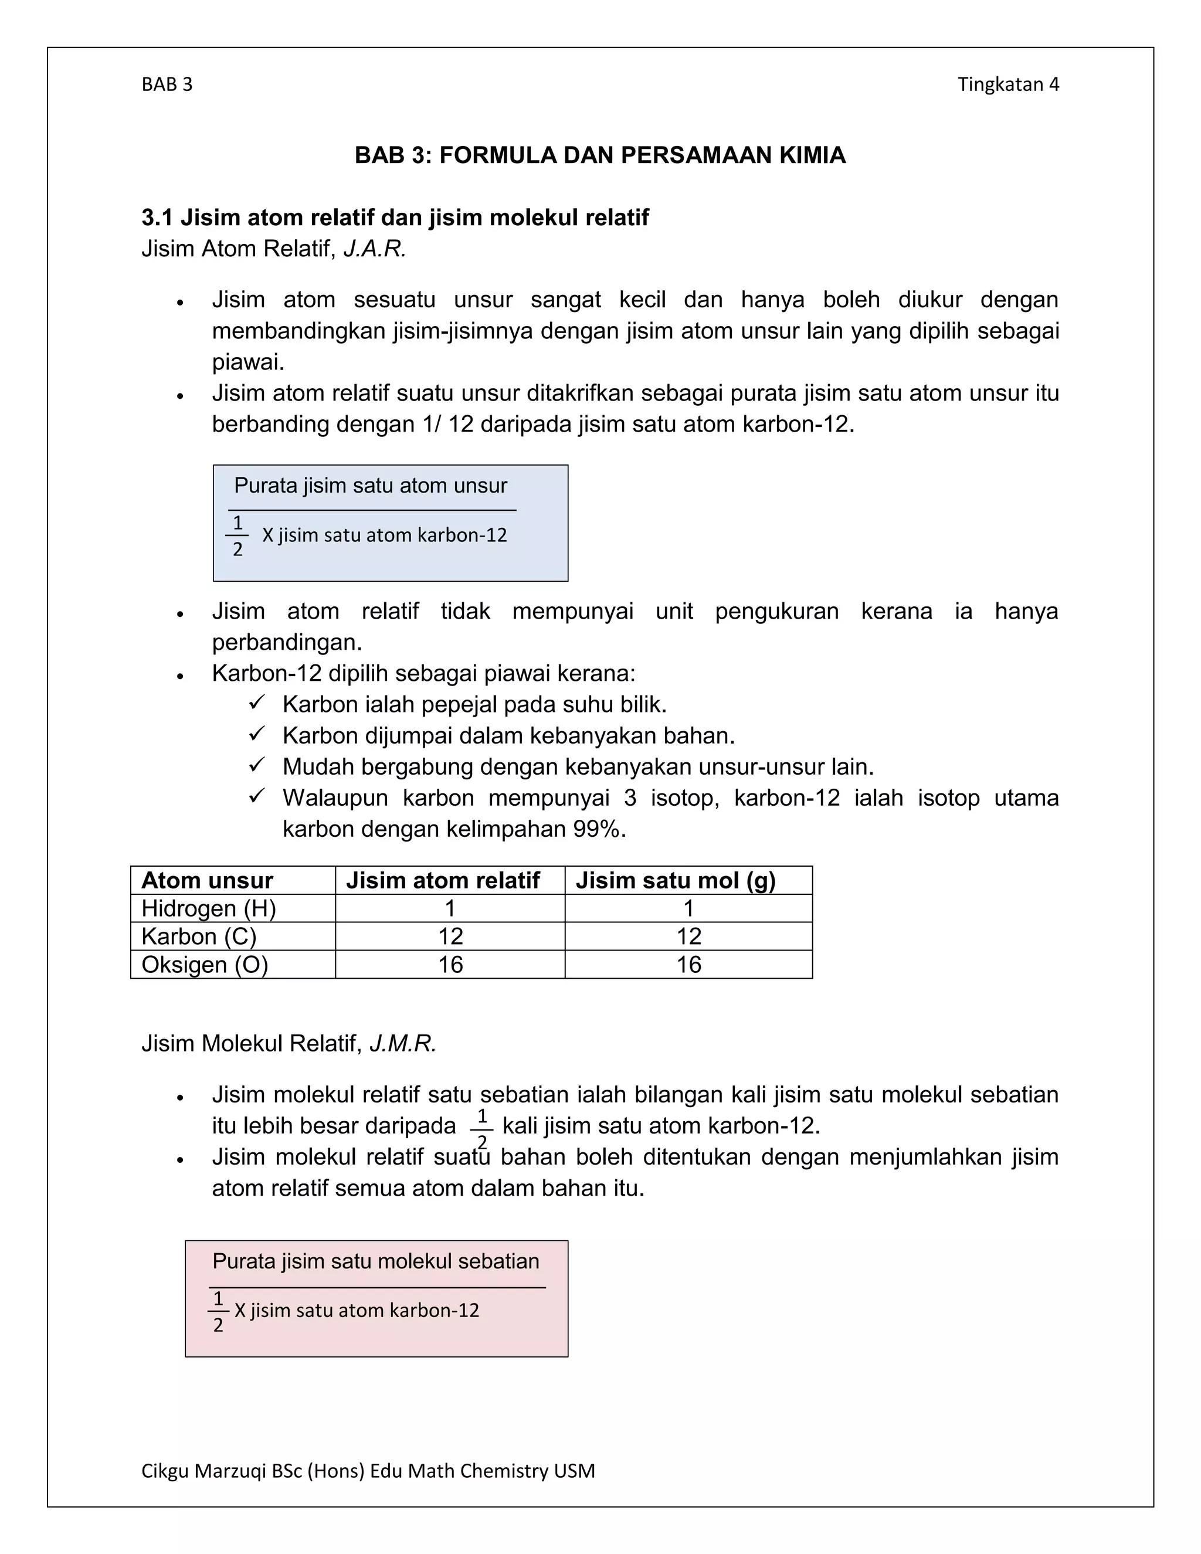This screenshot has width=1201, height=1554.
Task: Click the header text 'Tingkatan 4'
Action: [1007, 84]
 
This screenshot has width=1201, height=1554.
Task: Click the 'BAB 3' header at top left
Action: [167, 84]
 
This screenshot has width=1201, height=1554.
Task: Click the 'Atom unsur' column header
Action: [207, 880]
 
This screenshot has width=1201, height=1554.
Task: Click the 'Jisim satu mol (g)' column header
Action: [675, 880]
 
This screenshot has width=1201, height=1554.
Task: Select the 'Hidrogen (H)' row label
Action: [208, 908]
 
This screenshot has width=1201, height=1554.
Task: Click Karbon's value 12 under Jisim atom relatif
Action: [450, 937]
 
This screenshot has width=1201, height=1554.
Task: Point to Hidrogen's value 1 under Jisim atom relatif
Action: [450, 908]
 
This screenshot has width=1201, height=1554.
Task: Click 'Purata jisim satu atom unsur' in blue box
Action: [371, 486]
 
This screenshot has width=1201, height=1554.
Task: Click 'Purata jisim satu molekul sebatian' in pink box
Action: [376, 1261]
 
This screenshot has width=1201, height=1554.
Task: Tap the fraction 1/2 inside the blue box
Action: [238, 536]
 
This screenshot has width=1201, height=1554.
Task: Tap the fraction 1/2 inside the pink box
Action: [218, 1311]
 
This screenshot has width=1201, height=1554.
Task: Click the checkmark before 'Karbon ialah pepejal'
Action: [257, 704]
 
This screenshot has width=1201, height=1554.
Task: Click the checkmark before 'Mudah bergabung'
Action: [257, 766]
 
